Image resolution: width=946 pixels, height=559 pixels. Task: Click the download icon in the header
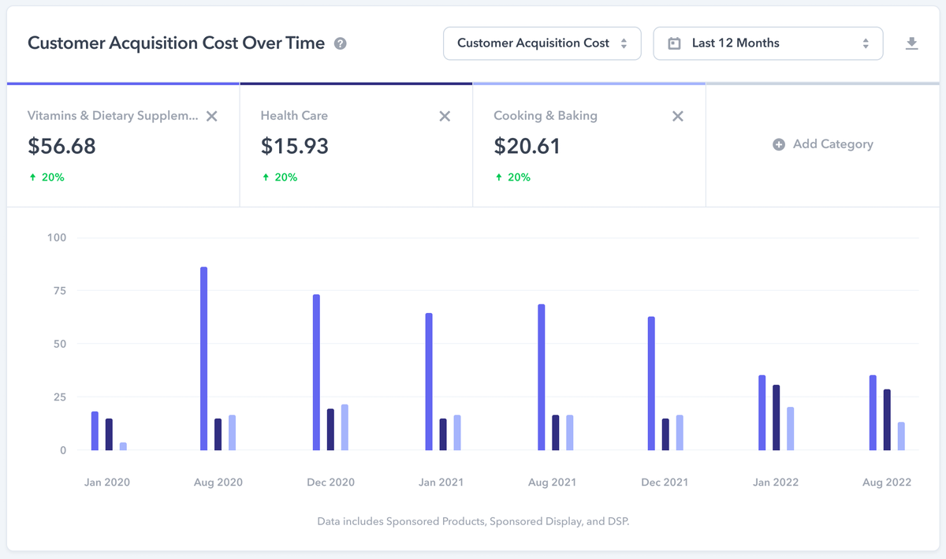(912, 43)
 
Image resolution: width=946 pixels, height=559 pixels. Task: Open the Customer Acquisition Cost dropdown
(542, 43)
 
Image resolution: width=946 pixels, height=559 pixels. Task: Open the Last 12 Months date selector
(768, 43)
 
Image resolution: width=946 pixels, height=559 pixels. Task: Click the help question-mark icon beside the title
(340, 43)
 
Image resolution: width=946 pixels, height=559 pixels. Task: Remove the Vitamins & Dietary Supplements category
(211, 116)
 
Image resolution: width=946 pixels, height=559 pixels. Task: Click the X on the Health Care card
(445, 116)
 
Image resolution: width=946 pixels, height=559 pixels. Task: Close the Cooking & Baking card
(677, 116)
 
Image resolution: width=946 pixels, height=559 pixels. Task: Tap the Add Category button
(823, 144)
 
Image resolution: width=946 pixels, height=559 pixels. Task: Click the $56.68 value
(61, 146)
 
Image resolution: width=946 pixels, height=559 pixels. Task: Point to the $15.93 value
(294, 146)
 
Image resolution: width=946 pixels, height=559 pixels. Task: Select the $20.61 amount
(527, 146)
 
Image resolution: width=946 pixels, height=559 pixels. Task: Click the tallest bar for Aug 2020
(203, 359)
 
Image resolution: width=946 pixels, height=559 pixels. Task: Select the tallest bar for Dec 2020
(316, 372)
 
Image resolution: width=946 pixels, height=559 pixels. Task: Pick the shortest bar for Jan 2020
(123, 446)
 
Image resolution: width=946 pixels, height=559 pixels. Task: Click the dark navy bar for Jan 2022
(776, 418)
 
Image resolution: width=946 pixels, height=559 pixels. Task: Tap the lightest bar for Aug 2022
(901, 436)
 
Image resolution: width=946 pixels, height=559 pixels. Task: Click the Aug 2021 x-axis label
(552, 483)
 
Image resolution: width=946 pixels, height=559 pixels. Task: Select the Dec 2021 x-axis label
(665, 483)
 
